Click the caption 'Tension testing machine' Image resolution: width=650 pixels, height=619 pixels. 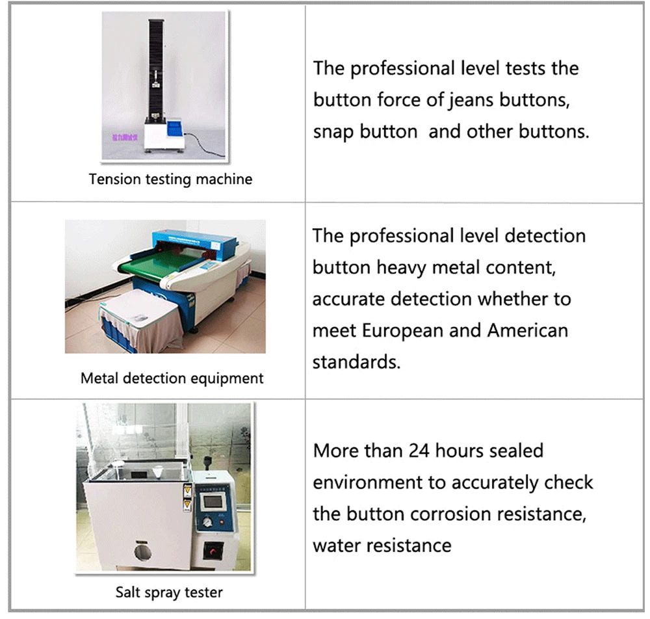(170, 179)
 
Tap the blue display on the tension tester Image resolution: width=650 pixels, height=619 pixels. (167, 126)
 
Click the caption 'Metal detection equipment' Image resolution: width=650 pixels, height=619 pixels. (172, 378)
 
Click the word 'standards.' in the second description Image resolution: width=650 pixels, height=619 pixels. (356, 362)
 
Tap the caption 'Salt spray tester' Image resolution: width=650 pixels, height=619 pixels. (169, 592)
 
